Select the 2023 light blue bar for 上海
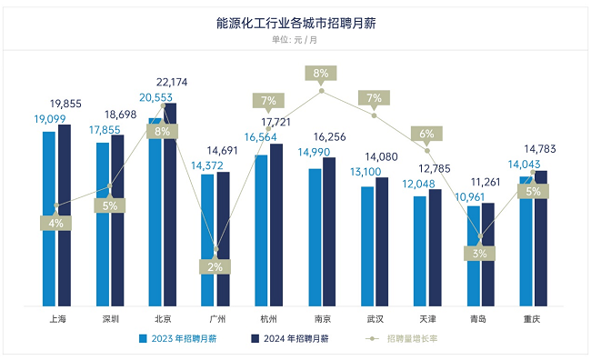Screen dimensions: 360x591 [x=48, y=218]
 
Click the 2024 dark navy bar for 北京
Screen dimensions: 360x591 [x=170, y=205]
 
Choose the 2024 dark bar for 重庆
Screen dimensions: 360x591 [x=541, y=238]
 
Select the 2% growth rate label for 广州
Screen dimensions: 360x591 [x=215, y=266]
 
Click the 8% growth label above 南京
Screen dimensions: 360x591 [x=321, y=74]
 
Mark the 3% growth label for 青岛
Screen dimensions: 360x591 [x=481, y=255]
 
